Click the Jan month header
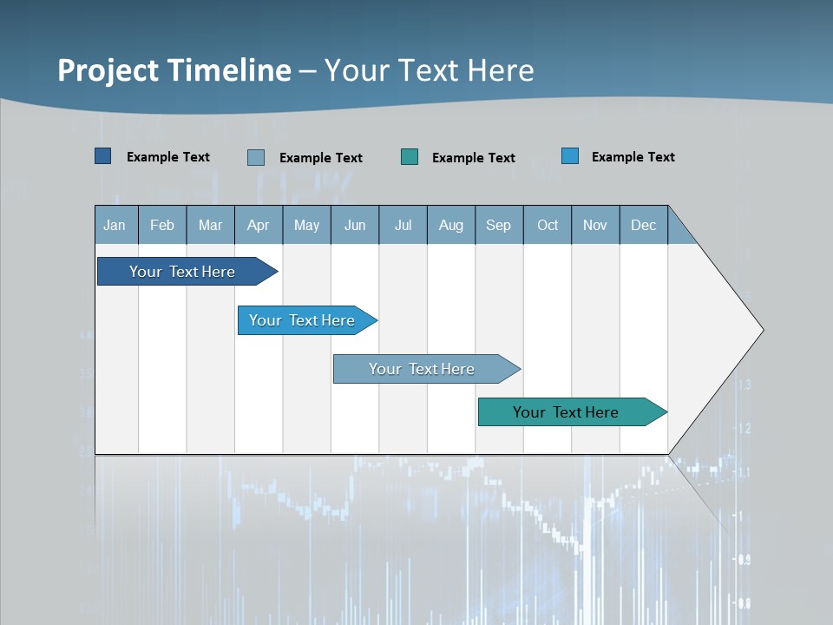click(x=115, y=225)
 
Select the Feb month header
click(x=162, y=225)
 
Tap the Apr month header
click(x=259, y=225)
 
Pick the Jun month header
click(x=355, y=225)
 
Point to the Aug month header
click(x=451, y=225)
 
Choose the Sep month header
click(x=499, y=225)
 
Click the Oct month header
click(x=548, y=225)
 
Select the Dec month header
click(x=644, y=225)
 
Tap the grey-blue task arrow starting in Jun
click(x=423, y=369)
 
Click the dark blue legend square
click(x=102, y=156)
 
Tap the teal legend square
click(x=410, y=156)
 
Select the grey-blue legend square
click(x=256, y=157)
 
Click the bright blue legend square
click(x=570, y=156)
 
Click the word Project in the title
click(x=109, y=70)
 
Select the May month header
click(x=306, y=225)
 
